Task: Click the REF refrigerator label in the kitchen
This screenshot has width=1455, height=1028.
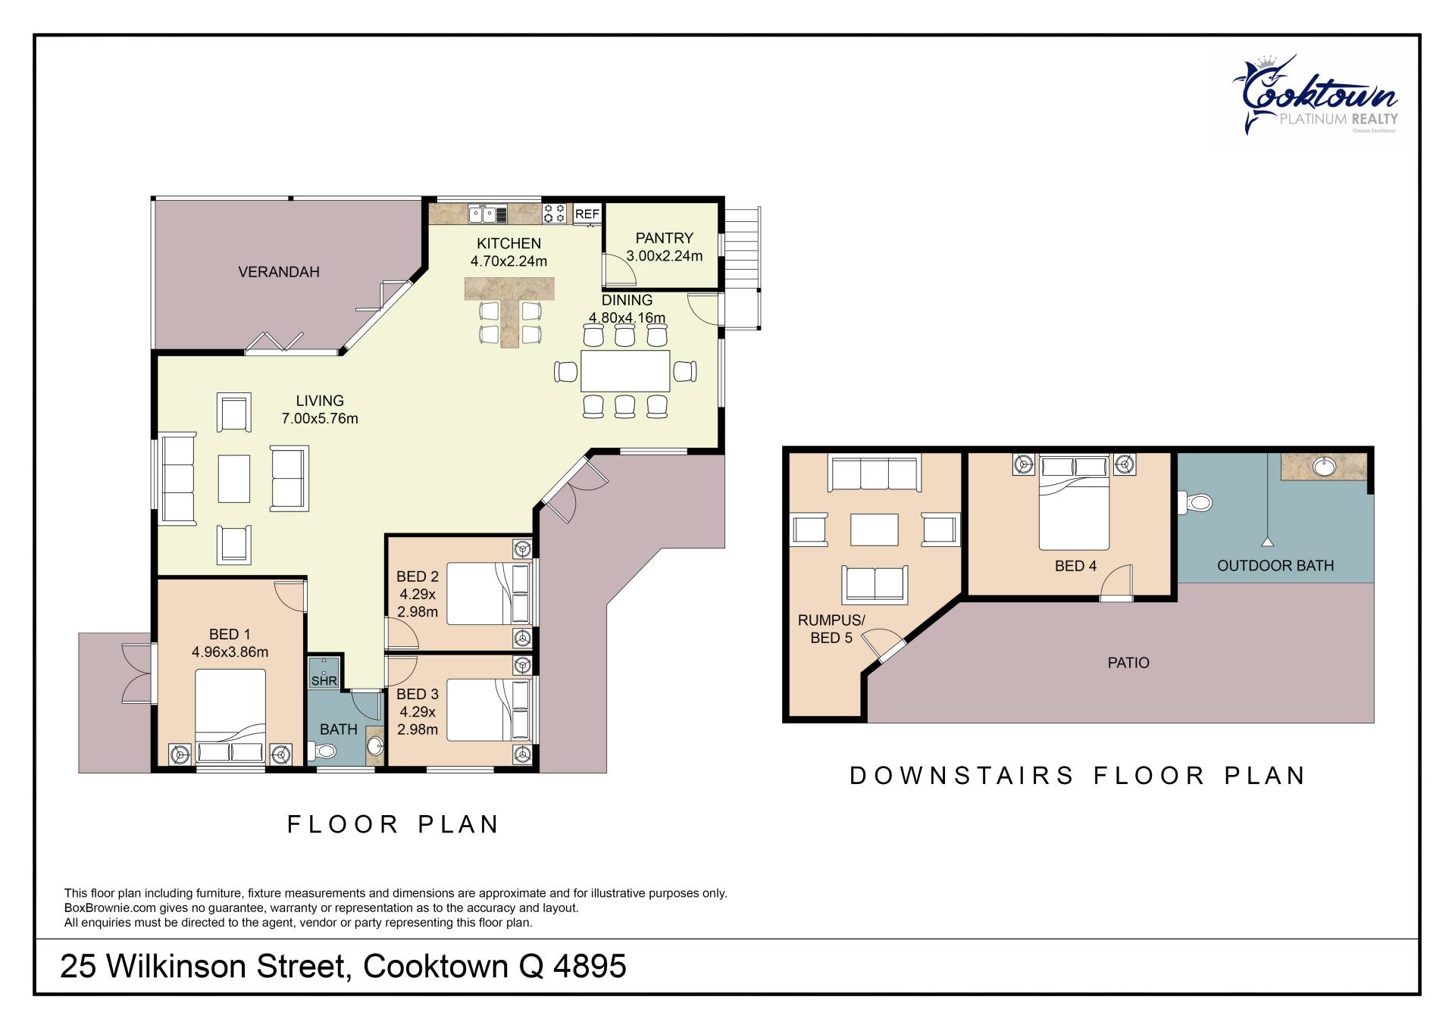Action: [587, 214]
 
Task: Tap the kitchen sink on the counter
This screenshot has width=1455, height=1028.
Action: [488, 214]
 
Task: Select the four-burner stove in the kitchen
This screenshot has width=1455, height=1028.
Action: [554, 214]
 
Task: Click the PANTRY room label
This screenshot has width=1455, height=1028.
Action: [664, 238]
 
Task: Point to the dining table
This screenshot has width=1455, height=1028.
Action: [625, 370]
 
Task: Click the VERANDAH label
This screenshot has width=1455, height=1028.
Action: [279, 272]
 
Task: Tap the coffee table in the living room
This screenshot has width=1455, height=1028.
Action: [234, 478]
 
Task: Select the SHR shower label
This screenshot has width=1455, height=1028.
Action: [324, 681]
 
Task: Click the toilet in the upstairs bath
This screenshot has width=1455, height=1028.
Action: [322, 751]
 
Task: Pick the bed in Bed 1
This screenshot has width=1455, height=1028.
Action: [230, 717]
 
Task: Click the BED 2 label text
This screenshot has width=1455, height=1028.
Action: [418, 576]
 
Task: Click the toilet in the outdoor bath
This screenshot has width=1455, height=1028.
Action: [1195, 502]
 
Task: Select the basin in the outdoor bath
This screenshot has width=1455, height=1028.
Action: [1325, 467]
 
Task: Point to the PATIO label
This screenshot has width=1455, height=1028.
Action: [1128, 663]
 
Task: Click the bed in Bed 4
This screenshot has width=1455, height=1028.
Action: [1075, 502]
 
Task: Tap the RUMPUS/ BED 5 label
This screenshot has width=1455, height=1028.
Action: [831, 629]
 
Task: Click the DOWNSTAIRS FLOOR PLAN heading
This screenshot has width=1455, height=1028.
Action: [1078, 776]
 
